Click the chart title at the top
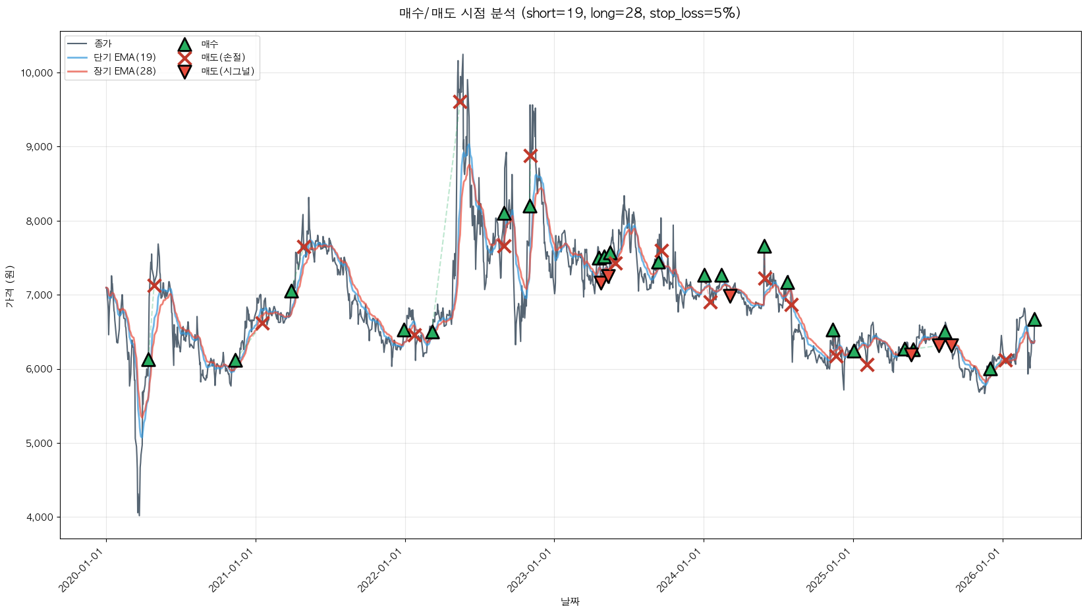[570, 13]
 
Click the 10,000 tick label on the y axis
[37, 73]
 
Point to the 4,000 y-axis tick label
[39, 517]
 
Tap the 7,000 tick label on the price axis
[39, 295]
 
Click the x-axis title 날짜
[570, 601]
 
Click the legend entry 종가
[103, 44]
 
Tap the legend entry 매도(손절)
[223, 57]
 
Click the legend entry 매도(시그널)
[227, 71]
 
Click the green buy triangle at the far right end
[1034, 320]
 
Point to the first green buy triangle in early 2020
[148, 359]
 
